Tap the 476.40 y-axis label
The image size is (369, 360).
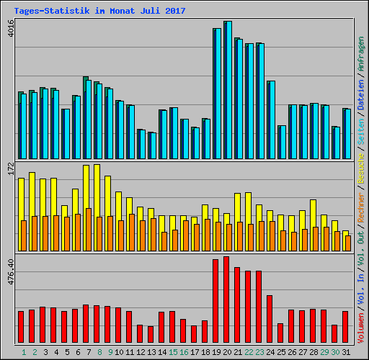[9, 273]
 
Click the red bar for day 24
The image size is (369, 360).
[270, 319]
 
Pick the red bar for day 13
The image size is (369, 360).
[151, 334]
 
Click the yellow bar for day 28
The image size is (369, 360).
[313, 212]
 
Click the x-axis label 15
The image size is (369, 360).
[172, 352]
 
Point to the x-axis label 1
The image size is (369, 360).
[24, 352]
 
